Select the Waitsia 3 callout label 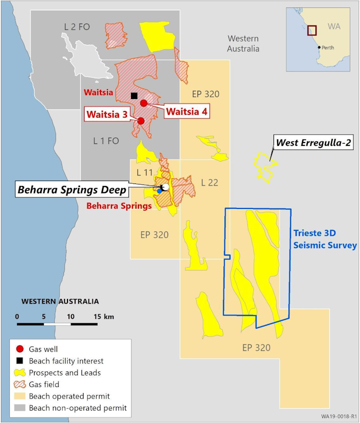pyautogui.click(x=106, y=113)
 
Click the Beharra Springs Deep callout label pyautogui.click(x=70, y=189)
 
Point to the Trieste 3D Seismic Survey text pyautogui.click(x=324, y=238)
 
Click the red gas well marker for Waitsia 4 pyautogui.click(x=143, y=103)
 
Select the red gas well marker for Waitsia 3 pyautogui.click(x=141, y=121)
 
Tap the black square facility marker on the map pyautogui.click(x=133, y=95)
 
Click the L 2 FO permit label pyautogui.click(x=77, y=26)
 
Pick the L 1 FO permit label pyautogui.click(x=106, y=141)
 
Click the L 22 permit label pyautogui.click(x=210, y=183)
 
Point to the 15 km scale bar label pyautogui.click(x=103, y=316)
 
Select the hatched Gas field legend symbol pyautogui.click(x=19, y=384)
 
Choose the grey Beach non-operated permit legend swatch pyautogui.click(x=19, y=408)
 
